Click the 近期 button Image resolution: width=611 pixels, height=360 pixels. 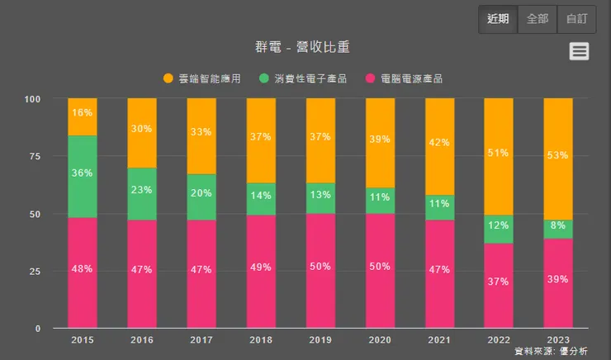pyautogui.click(x=498, y=19)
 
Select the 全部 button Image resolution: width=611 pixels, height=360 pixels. pyautogui.click(x=537, y=19)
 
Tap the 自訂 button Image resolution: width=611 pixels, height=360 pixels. pyautogui.click(x=575, y=19)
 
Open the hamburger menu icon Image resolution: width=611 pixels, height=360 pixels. pyautogui.click(x=580, y=51)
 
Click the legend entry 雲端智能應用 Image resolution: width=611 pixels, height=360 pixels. pyautogui.click(x=203, y=78)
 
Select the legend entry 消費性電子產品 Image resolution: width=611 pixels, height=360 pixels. pyautogui.click(x=303, y=78)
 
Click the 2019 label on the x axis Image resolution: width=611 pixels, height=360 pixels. pyautogui.click(x=320, y=339)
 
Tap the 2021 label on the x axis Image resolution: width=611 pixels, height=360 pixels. pyautogui.click(x=439, y=339)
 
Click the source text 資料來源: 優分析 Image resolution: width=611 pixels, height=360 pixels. pyautogui.click(x=551, y=352)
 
